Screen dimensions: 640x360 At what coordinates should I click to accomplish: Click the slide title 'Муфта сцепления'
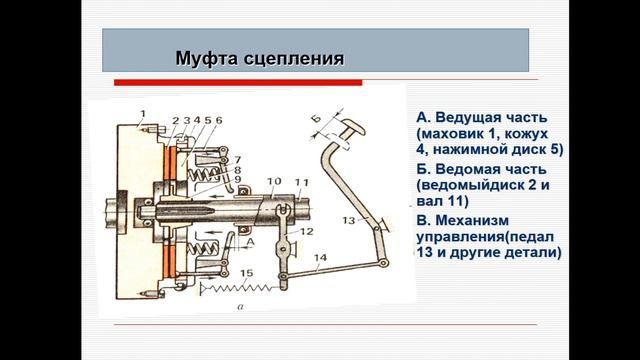(260, 58)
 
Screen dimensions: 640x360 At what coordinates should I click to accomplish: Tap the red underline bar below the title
(238, 83)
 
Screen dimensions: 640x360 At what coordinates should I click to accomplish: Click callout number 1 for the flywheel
(142, 113)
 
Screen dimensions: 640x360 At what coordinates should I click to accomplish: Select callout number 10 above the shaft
(274, 181)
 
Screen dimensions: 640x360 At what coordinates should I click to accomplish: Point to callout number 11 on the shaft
(302, 182)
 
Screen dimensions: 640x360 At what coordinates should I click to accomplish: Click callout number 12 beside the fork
(307, 231)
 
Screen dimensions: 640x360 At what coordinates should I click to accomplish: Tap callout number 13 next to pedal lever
(349, 220)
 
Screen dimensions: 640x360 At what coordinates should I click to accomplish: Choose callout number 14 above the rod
(320, 258)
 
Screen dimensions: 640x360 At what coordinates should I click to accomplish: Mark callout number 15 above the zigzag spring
(247, 273)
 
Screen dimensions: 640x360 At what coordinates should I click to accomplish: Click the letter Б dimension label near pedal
(316, 119)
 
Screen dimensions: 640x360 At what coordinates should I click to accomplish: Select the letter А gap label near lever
(251, 242)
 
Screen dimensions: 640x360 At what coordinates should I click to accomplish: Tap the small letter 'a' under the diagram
(240, 306)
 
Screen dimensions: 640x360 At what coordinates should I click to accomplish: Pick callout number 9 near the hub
(238, 179)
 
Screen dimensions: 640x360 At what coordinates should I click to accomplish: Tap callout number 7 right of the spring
(237, 160)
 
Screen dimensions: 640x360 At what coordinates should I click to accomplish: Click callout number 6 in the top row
(219, 120)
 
